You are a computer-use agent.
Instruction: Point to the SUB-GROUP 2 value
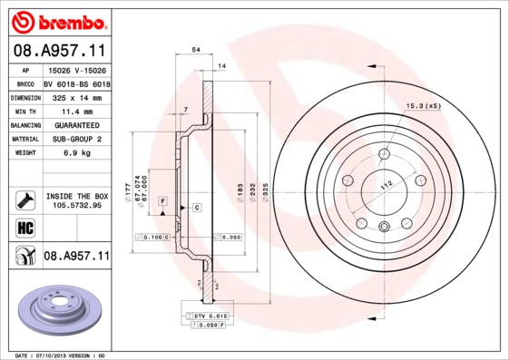pyautogui.click(x=74, y=139)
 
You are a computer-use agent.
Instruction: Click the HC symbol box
pyautogui.click(x=25, y=228)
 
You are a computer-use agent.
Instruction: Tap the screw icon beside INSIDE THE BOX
pyautogui.click(x=25, y=199)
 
